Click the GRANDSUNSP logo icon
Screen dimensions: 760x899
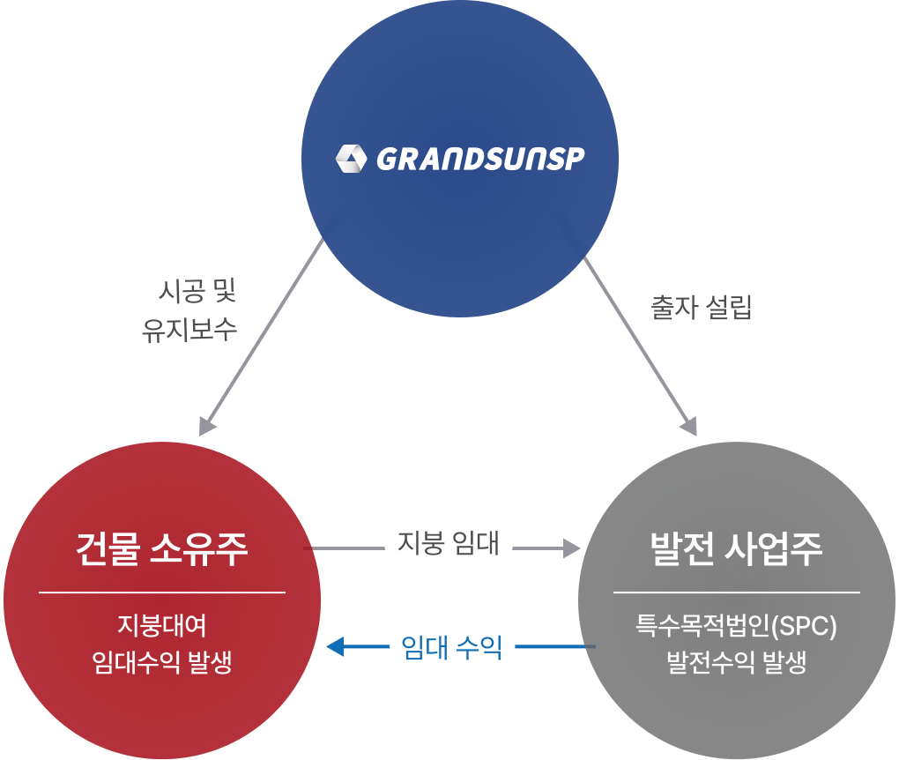pos(351,160)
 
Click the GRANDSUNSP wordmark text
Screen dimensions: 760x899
pos(480,160)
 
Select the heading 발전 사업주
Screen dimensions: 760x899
pos(736,548)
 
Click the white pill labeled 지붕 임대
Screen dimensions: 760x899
pos(449,543)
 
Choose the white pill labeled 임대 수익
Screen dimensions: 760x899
pos(451,648)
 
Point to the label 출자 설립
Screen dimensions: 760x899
pos(701,308)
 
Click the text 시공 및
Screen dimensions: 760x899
pos(197,291)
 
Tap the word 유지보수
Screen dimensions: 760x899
pos(189,330)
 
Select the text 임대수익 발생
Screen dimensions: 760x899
pos(162,662)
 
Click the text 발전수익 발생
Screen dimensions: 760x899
pos(736,662)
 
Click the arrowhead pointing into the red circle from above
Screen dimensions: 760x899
pos(207,427)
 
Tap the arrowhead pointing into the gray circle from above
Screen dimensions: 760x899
pos(689,427)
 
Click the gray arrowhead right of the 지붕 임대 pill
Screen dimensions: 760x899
pos(572,548)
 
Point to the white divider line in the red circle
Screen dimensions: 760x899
pos(162,592)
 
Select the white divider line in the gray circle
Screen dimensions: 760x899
pos(736,592)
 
